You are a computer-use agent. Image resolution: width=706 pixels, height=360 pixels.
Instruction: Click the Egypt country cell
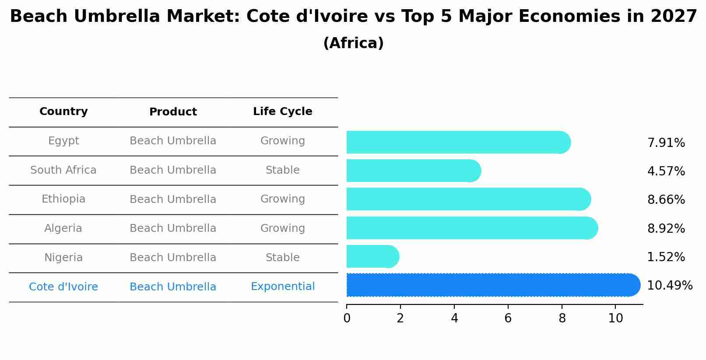(x=63, y=141)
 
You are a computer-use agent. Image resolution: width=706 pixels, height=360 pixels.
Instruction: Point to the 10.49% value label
(x=669, y=286)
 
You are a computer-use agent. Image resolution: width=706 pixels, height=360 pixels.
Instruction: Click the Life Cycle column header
(x=282, y=112)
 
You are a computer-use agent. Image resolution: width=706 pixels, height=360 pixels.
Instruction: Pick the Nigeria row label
(x=63, y=258)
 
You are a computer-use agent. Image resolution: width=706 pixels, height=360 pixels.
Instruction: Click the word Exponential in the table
(x=282, y=287)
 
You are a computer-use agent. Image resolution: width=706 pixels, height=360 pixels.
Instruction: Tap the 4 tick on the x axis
(x=454, y=318)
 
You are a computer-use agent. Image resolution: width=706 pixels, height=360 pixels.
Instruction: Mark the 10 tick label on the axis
(x=615, y=318)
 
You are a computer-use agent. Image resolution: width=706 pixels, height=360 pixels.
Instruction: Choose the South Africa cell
(x=63, y=170)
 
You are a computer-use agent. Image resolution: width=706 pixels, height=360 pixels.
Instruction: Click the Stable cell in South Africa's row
(x=282, y=170)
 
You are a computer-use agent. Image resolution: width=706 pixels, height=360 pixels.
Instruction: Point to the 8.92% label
(x=666, y=229)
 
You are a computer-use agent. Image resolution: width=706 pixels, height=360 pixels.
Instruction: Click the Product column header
(x=173, y=112)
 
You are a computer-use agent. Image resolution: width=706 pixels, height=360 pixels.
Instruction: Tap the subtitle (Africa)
(x=353, y=43)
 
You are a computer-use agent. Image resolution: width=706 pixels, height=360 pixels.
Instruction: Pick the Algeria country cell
(x=63, y=228)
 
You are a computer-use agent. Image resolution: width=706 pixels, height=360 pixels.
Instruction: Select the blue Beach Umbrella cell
(x=173, y=287)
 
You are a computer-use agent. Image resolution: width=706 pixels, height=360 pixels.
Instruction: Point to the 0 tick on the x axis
(x=347, y=318)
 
